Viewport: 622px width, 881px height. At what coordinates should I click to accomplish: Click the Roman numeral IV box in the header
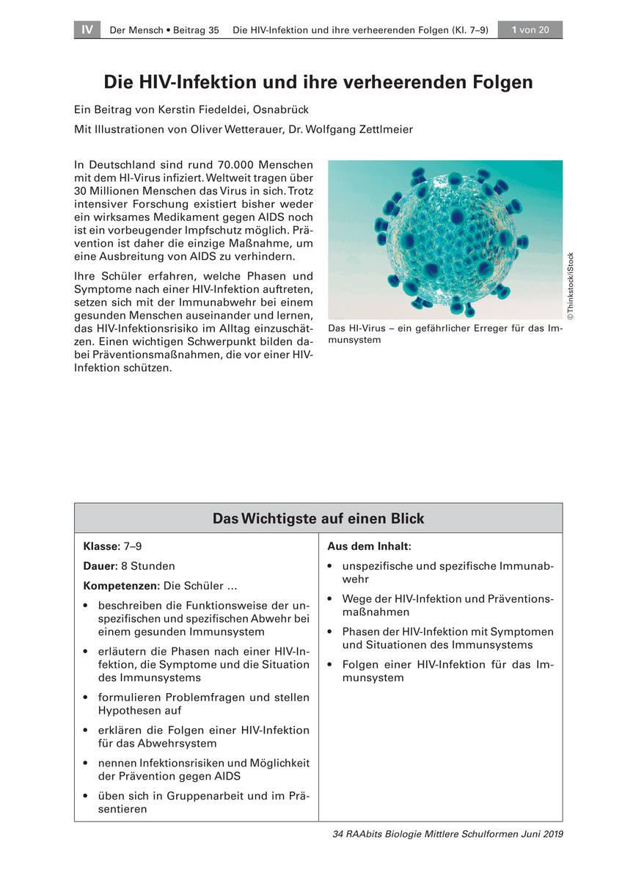coord(87,30)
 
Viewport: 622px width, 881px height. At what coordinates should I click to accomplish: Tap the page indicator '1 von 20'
coord(530,30)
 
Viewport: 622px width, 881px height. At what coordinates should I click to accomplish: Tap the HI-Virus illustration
coord(444,239)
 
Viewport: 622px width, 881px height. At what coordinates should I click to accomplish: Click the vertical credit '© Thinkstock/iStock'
coord(571,286)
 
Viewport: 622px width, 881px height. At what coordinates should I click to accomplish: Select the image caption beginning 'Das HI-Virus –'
coord(444,334)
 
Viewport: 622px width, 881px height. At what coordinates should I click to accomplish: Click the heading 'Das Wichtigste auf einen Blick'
coord(318,519)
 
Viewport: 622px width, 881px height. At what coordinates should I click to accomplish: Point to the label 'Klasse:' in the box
coord(102,547)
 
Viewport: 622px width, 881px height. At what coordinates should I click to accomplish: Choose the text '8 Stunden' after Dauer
coord(153,567)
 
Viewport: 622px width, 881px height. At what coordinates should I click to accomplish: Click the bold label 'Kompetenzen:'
coord(122,587)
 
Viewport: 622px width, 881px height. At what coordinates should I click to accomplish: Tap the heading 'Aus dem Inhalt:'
coord(369,547)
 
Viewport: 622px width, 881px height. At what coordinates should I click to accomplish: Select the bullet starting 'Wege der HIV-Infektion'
coord(447,606)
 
